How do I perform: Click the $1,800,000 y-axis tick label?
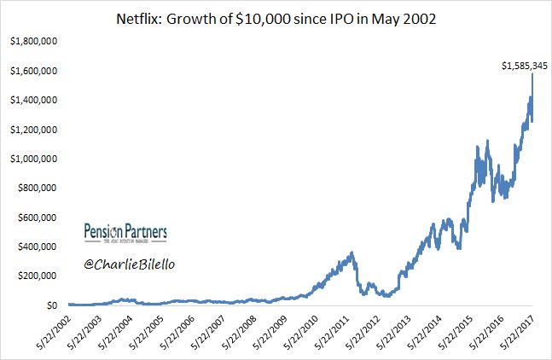point(32,41)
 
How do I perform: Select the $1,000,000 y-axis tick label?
point(32,159)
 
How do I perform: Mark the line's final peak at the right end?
point(533,74)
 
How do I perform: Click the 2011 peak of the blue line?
point(352,253)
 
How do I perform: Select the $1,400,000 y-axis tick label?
point(32,100)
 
